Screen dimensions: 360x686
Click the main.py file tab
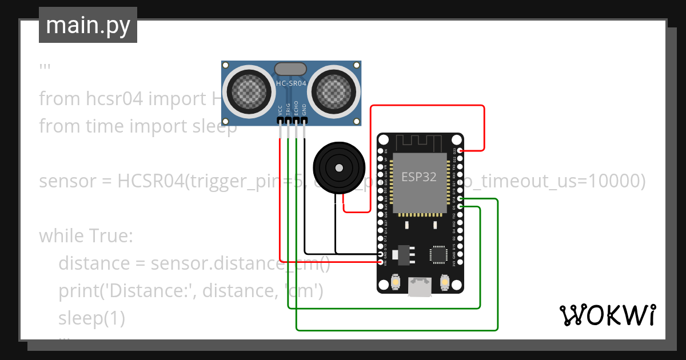[87, 25]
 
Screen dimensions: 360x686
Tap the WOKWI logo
[607, 315]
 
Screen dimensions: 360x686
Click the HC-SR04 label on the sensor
[291, 83]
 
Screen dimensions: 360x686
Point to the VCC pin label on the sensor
[280, 110]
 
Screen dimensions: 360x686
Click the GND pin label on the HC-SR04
[304, 110]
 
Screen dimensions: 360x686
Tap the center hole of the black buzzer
[339, 168]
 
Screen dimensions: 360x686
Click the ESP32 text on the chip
[418, 177]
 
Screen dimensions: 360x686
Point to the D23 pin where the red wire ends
[461, 151]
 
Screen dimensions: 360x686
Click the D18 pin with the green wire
[461, 199]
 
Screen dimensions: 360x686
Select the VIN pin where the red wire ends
[381, 262]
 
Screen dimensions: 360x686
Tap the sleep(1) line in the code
[91, 318]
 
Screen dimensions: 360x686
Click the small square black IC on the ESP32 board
[439, 255]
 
